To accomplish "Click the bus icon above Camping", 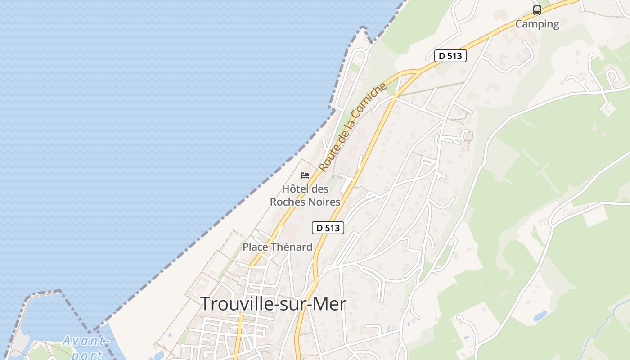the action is coord(537,10).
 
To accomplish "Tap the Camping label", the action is coord(537,24).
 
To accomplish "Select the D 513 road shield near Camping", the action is coord(450,56).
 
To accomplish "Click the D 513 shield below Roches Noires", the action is coord(328,228).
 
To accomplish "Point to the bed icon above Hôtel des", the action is coord(305,175).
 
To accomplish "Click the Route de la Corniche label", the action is coord(352,127).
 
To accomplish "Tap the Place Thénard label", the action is coord(277,247).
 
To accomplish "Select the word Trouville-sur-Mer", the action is coord(273,304).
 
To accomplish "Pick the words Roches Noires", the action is coord(305,202).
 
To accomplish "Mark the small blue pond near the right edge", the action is coord(540,316).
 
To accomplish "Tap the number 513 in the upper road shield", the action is coord(455,56).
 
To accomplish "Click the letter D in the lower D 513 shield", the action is coord(319,228).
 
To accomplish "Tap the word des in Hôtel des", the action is coord(319,189).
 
